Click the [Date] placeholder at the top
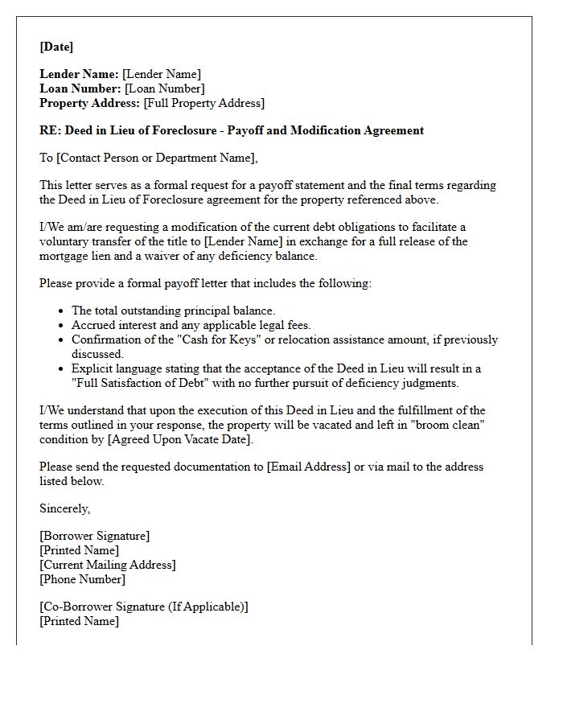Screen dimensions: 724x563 click(56, 47)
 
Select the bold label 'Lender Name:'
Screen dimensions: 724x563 click(79, 74)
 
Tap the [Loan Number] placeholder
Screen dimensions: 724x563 click(165, 88)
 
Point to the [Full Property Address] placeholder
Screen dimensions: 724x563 click(203, 103)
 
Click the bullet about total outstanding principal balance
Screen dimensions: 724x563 click(173, 311)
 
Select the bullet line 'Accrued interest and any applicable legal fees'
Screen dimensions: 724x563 click(191, 325)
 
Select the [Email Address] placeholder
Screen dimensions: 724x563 click(308, 467)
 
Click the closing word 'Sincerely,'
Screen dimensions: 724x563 click(65, 508)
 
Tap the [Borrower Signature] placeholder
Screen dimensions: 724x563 click(95, 536)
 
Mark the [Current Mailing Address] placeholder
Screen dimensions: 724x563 click(108, 565)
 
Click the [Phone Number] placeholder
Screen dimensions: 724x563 click(82, 579)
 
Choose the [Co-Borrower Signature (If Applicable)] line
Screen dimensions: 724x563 click(144, 607)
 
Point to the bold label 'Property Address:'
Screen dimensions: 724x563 click(90, 103)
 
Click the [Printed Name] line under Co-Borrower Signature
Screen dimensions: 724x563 click(79, 621)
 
